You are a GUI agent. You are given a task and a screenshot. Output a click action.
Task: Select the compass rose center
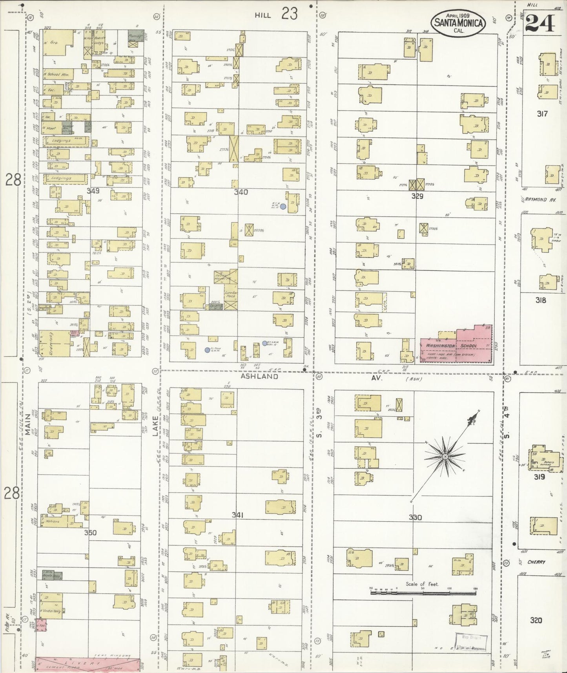pyautogui.click(x=445, y=457)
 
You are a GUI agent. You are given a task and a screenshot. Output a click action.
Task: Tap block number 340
pyautogui.click(x=241, y=192)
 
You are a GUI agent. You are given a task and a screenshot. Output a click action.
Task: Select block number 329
pyautogui.click(x=417, y=196)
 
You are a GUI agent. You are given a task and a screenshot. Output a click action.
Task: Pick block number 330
pyautogui.click(x=415, y=518)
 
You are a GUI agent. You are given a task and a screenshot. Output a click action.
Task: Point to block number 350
pyautogui.click(x=90, y=533)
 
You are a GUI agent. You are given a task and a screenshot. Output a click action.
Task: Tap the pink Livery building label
pyautogui.click(x=88, y=663)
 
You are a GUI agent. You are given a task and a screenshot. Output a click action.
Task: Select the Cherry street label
pyautogui.click(x=536, y=562)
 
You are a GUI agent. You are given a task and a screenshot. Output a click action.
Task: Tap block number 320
pyautogui.click(x=536, y=620)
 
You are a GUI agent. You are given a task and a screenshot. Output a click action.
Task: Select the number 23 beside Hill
pyautogui.click(x=289, y=14)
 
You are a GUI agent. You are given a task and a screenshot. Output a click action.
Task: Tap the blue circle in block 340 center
pyautogui.click(x=283, y=206)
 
